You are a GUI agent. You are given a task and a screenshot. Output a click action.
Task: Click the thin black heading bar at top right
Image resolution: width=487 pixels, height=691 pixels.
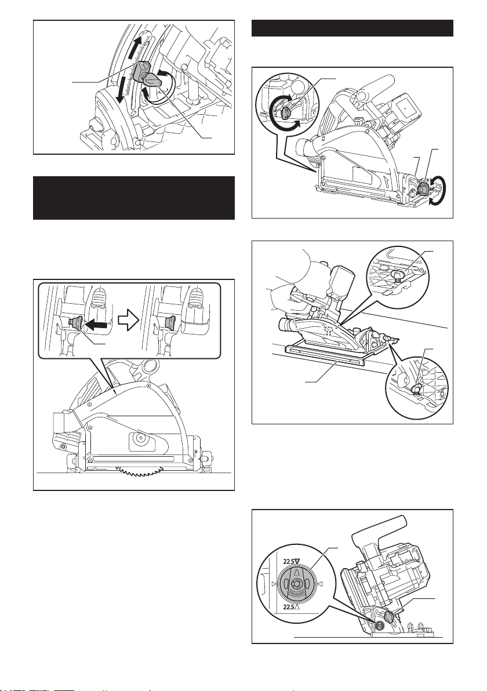(352, 28)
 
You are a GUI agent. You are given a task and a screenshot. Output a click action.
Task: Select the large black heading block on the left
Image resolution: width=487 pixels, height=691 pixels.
(134, 198)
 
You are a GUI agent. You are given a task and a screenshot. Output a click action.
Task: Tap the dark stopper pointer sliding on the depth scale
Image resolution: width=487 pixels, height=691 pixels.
(141, 71)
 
